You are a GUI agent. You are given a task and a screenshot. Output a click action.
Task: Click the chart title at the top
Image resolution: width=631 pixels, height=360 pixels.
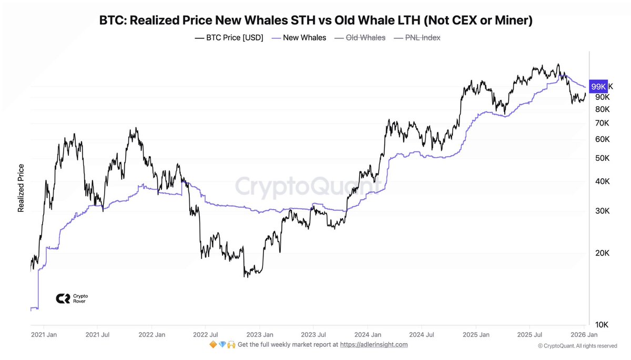coord(316,20)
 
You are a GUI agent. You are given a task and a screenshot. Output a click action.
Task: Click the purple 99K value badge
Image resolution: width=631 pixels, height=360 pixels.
coord(598,86)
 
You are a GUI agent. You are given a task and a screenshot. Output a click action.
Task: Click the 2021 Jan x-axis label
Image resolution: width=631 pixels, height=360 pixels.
coord(44,334)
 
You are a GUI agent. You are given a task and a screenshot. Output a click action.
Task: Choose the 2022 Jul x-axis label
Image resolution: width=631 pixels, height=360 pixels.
coord(206,334)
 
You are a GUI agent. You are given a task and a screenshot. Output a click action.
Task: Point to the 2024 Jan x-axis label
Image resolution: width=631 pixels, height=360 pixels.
coord(368,334)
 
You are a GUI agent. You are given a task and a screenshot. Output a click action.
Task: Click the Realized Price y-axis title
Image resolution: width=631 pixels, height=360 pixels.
coord(21,188)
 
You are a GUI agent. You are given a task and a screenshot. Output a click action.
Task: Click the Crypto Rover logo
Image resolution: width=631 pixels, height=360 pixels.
coord(72,299)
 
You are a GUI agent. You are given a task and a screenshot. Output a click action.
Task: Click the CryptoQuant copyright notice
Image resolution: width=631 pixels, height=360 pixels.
coord(577,346)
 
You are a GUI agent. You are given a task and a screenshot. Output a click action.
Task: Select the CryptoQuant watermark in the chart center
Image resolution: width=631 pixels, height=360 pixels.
coord(308,186)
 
